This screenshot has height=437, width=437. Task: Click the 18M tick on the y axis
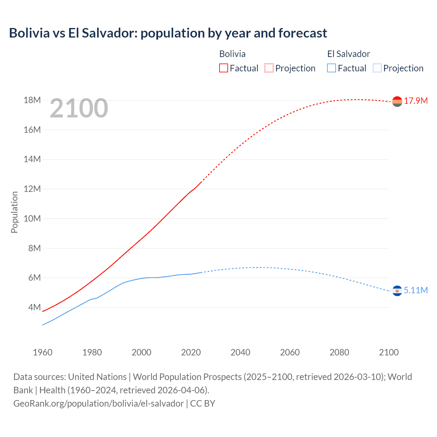32,100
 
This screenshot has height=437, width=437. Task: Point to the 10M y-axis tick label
32,218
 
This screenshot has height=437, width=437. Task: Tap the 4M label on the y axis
34,307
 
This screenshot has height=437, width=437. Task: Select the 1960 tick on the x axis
43,352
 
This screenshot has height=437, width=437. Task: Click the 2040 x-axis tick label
240,352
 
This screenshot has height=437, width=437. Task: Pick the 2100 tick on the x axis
389,352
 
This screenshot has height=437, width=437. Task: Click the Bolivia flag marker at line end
397,101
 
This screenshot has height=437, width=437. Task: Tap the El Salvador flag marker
397,291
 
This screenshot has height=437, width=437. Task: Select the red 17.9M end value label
416,101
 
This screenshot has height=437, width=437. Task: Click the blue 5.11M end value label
416,290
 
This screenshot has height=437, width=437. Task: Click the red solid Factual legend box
223,68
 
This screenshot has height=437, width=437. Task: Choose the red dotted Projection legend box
269,68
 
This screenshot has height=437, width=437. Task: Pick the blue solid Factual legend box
332,68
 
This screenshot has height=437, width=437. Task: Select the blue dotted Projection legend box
377,68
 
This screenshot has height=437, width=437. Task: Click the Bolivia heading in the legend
232,54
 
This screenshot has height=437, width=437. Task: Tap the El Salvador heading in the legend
349,54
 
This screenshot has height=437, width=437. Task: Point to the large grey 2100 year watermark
79,108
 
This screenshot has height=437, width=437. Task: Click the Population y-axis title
14,212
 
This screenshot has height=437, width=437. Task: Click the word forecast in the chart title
302,33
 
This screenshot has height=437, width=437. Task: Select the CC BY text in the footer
202,403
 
